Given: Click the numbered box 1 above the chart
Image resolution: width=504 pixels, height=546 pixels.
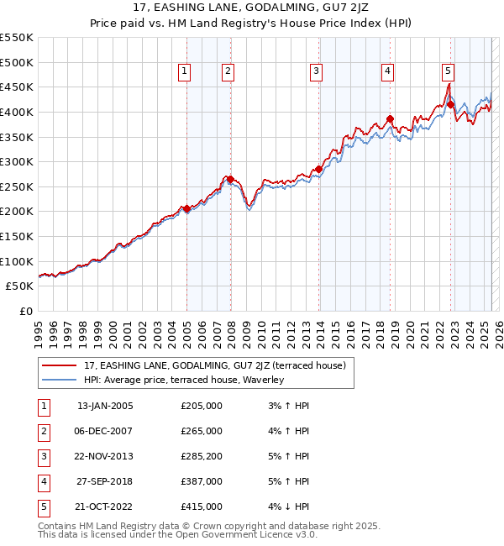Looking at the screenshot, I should [183, 72].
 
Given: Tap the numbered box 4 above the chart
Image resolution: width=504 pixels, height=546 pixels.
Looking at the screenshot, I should [387, 72].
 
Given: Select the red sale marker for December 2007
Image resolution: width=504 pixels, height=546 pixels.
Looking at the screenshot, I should [229, 179].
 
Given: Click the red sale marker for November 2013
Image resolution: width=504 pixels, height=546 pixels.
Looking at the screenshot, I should [318, 169].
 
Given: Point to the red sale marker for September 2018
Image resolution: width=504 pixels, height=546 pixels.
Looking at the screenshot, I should [390, 118].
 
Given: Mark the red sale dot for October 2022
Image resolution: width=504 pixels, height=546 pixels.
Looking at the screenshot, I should [451, 104].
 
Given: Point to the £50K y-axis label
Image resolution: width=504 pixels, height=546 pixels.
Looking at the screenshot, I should [20, 286].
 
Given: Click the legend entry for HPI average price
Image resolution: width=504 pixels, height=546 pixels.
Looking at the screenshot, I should [184, 380].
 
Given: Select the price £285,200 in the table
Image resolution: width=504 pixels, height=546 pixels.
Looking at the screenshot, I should [201, 456].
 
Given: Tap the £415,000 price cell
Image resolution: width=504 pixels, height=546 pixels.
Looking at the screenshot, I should [201, 507].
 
